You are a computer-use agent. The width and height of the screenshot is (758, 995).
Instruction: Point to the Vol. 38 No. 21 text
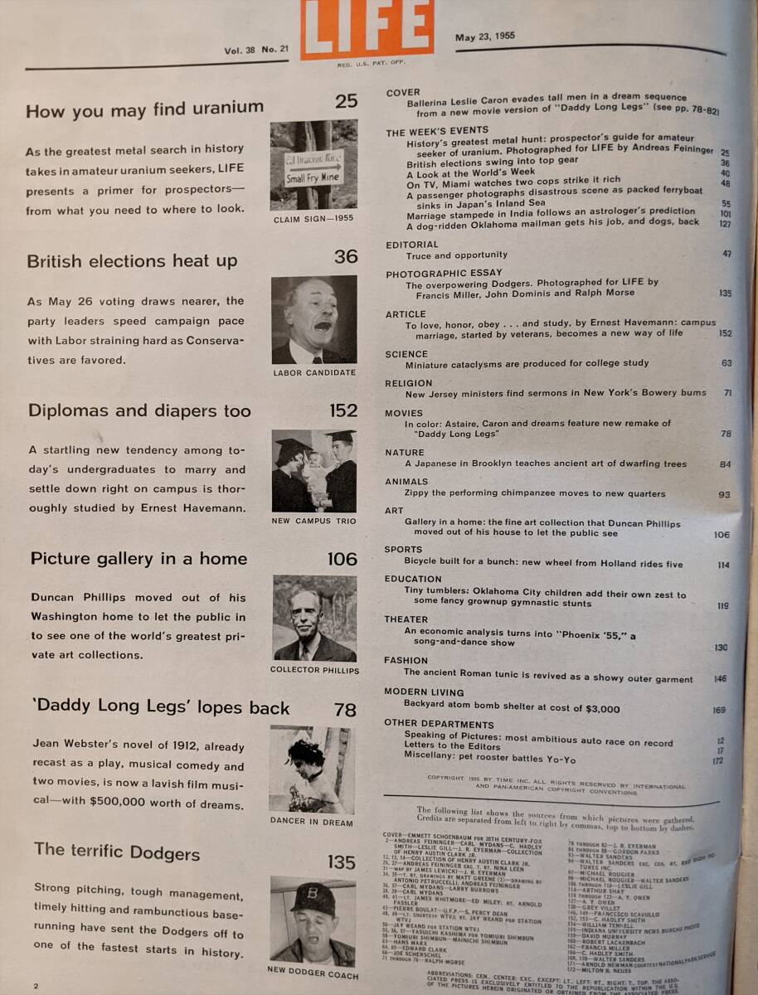click(x=256, y=50)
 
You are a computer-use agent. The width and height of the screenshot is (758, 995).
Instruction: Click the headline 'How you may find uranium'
click(x=145, y=109)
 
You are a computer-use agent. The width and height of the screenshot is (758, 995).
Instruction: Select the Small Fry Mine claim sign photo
click(x=313, y=165)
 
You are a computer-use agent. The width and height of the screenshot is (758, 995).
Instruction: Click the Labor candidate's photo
click(x=314, y=320)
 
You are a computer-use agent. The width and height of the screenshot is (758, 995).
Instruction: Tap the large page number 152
click(x=343, y=410)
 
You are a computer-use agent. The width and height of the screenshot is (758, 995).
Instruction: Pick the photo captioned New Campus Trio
click(x=314, y=470)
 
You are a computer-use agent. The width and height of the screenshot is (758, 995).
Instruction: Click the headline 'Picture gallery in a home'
click(x=139, y=559)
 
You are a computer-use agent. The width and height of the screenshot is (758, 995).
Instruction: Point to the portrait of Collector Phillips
click(x=314, y=618)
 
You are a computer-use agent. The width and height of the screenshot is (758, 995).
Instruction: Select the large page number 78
click(x=345, y=710)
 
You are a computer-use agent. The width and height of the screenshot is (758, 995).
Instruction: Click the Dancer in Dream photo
click(x=312, y=769)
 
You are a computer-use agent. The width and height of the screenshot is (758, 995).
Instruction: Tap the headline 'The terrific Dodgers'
click(x=117, y=851)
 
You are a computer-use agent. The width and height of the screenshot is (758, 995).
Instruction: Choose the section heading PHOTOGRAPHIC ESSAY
click(x=444, y=273)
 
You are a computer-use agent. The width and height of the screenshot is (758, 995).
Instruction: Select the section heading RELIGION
click(x=409, y=384)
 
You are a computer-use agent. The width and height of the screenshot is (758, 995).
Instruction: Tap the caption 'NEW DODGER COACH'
click(x=313, y=970)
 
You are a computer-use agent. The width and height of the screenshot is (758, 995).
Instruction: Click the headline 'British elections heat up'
click(x=132, y=261)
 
